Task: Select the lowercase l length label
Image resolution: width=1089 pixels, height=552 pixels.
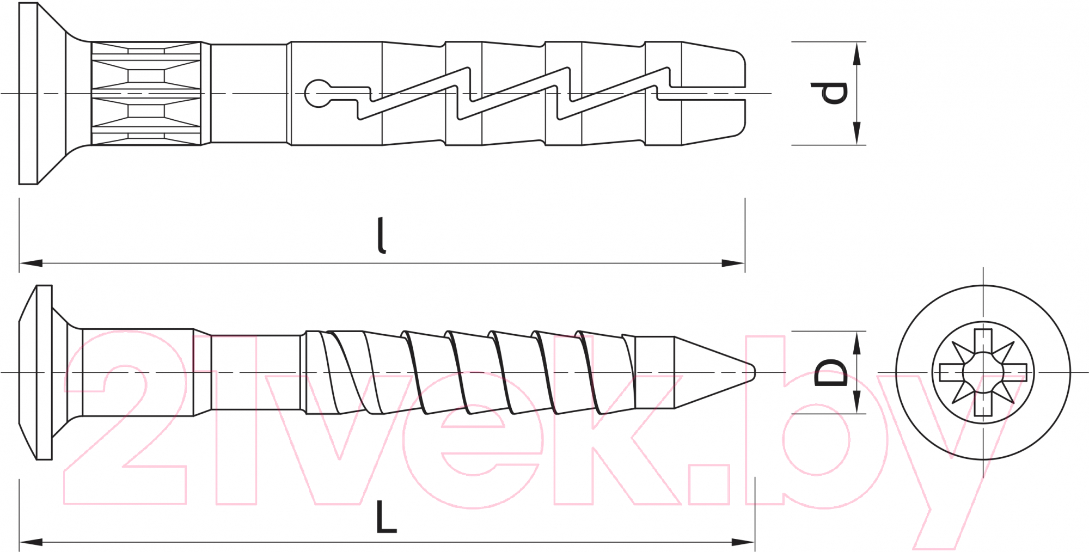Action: tap(382, 235)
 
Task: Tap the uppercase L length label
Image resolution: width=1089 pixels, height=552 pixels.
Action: tap(386, 517)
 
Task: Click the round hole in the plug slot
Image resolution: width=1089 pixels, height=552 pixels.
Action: tap(317, 94)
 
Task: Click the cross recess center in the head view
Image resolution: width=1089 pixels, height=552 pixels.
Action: tap(983, 372)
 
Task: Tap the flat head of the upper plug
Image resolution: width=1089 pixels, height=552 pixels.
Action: tap(28, 94)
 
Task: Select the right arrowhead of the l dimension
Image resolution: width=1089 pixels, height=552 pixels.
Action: tap(733, 263)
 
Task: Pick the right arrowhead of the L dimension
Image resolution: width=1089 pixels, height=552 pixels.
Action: tap(743, 542)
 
